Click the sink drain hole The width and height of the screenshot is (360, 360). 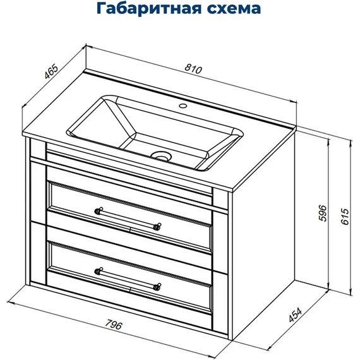click(x=162, y=155)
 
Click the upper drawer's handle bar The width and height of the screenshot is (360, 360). click(x=128, y=217)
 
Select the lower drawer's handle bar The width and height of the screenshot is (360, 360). click(x=128, y=279)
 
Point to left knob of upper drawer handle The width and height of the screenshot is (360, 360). click(x=98, y=209)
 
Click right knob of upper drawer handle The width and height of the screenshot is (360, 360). click(x=158, y=225)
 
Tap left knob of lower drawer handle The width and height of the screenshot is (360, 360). click(x=98, y=271)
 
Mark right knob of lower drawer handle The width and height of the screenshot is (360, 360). click(x=158, y=287)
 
